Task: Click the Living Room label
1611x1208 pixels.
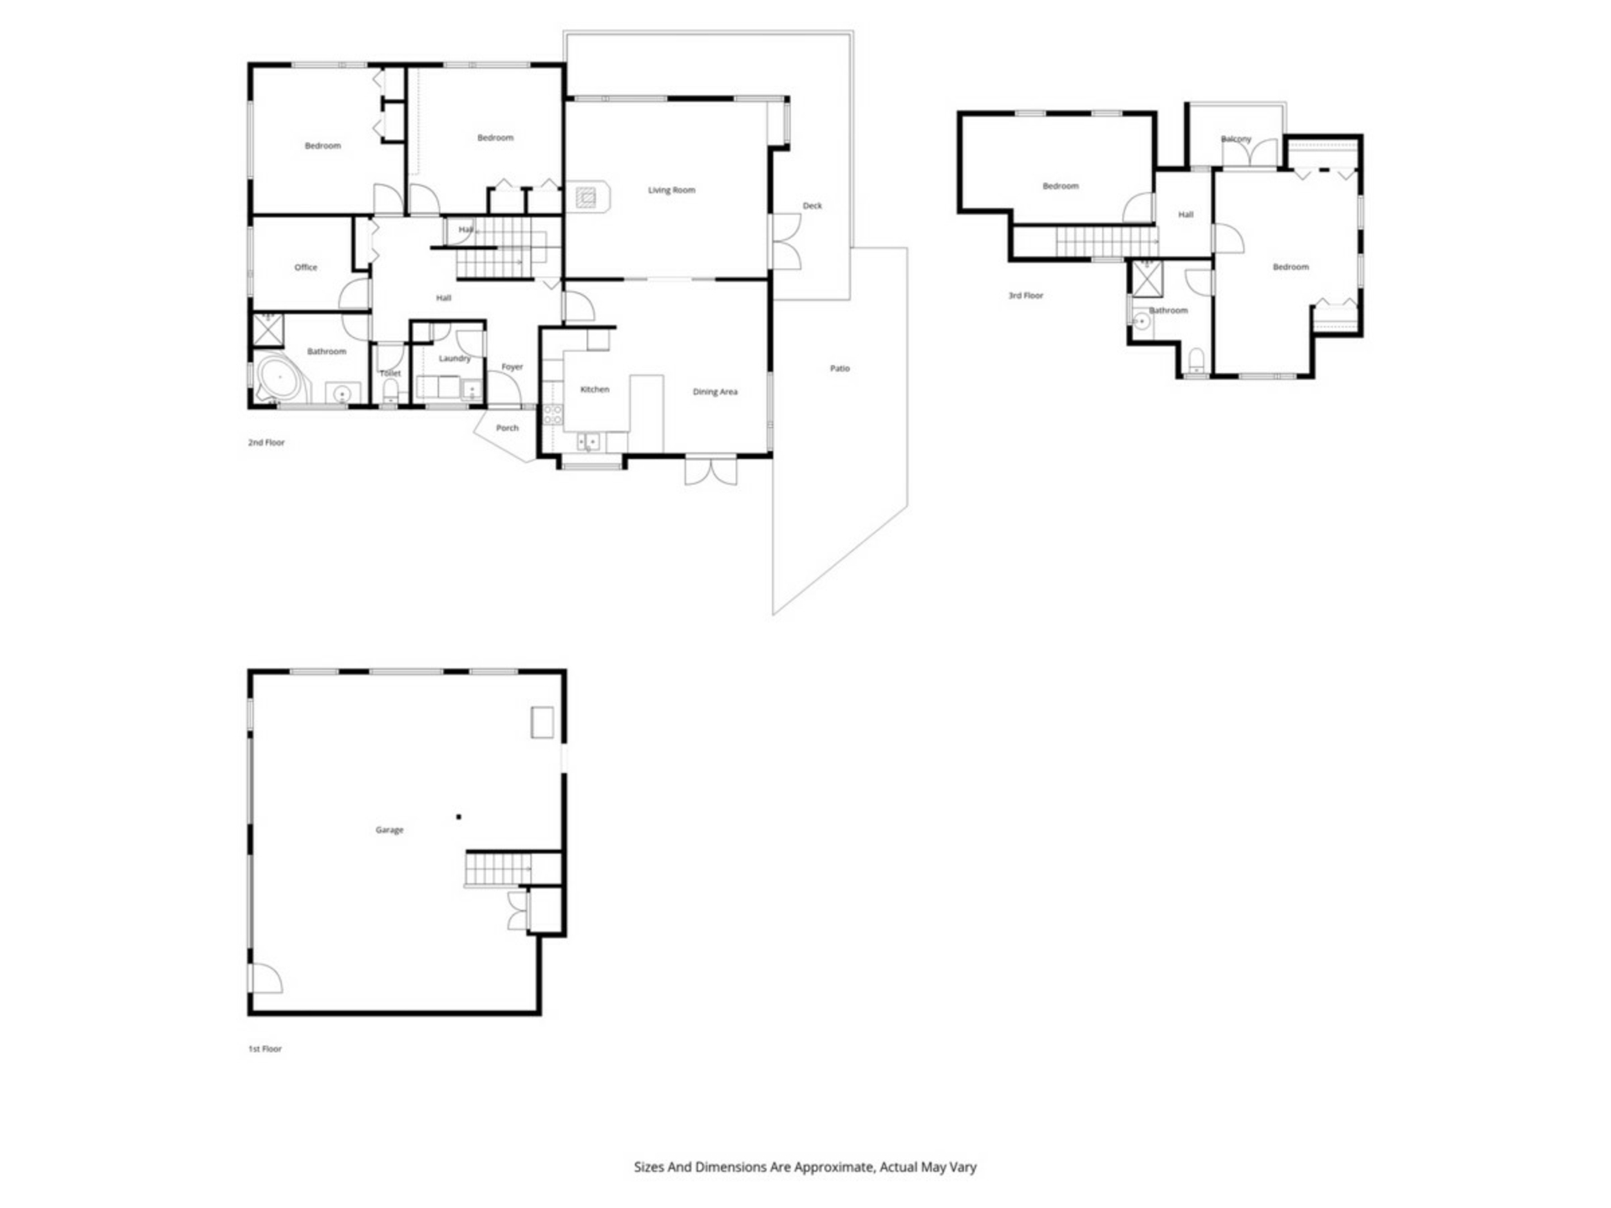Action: click(671, 190)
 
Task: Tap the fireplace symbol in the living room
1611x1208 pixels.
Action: click(587, 198)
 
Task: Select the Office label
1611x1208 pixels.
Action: click(305, 268)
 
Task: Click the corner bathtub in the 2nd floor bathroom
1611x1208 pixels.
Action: click(282, 382)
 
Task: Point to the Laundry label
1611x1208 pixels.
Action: click(455, 358)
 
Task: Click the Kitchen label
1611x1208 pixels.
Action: click(595, 389)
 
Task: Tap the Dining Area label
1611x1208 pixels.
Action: click(715, 392)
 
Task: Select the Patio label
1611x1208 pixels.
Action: click(840, 368)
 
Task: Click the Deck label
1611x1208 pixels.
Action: click(812, 206)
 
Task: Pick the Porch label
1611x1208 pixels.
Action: click(507, 428)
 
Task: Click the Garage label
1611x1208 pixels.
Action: click(389, 830)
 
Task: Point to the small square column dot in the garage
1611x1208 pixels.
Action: click(459, 816)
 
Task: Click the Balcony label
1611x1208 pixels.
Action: click(1236, 139)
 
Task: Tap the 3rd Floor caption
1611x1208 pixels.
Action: click(1025, 295)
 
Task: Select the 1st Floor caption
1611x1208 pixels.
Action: click(265, 1049)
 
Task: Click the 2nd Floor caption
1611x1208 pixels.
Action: click(266, 442)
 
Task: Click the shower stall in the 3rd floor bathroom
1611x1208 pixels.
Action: click(1145, 279)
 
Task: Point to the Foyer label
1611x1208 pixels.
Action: click(512, 367)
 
